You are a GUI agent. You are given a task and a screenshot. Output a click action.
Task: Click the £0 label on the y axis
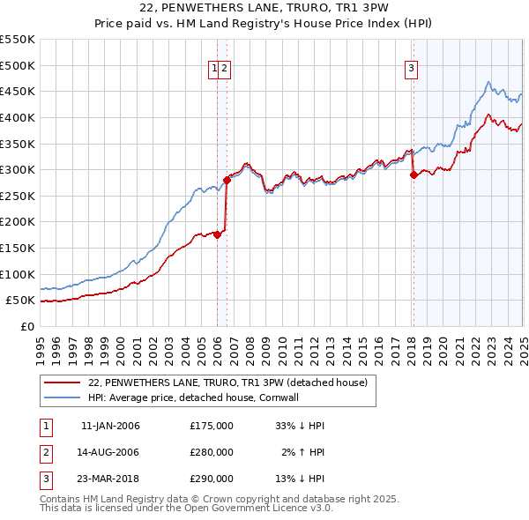coord(27,326)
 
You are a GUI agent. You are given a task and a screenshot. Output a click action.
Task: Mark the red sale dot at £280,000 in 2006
coord(227,180)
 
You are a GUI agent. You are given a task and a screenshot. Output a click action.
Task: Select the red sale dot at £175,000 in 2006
coord(218,234)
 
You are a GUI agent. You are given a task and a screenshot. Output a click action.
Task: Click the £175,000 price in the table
coord(212,426)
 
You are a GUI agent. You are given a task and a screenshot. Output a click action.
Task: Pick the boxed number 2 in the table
coord(45,452)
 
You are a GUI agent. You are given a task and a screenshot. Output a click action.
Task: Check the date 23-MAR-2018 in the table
coord(110,479)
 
